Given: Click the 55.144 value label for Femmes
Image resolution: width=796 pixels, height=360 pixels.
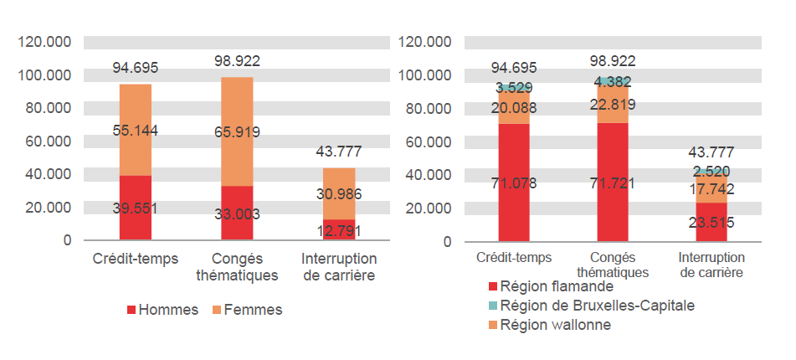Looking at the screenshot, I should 135,130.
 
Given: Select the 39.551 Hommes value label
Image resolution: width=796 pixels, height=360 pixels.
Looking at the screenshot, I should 135,208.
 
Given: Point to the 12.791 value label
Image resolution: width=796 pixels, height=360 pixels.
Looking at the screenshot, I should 339,229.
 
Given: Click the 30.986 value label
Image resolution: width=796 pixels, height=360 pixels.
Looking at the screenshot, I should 339,194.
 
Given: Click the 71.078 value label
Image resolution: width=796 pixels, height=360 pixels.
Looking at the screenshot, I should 514,183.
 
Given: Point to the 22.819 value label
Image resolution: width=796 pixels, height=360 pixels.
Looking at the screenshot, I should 613,105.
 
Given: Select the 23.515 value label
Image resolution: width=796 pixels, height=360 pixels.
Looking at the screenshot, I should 711,222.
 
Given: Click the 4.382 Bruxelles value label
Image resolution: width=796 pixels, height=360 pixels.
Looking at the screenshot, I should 613,82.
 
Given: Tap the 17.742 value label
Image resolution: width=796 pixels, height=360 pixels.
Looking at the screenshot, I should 711,189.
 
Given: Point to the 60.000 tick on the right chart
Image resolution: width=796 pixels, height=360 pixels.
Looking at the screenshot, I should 428,141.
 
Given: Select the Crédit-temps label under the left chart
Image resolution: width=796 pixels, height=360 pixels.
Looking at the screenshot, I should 135,259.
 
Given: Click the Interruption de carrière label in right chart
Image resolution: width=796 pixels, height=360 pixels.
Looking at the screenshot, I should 711,265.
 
